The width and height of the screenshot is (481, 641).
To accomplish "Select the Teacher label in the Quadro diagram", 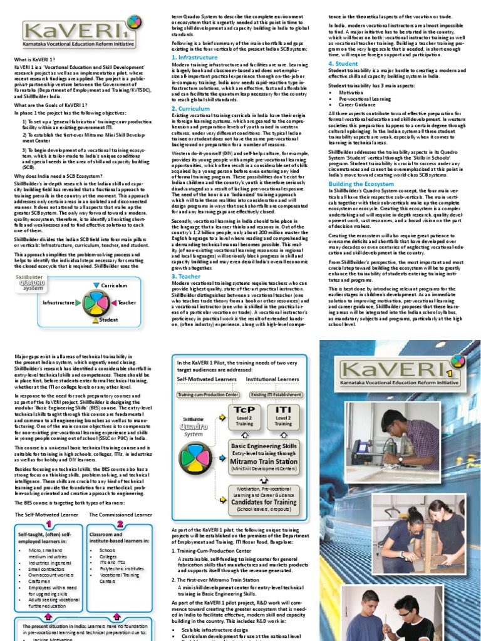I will tap(127, 303).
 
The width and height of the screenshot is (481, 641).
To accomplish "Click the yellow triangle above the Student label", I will tap(98, 312).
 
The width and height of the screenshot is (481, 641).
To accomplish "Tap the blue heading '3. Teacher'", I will tap(186, 276).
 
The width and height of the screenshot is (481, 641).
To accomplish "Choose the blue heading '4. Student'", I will tap(343, 64).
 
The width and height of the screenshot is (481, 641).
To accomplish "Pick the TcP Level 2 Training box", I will tap(244, 415).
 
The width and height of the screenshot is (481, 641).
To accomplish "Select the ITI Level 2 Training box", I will tap(283, 415).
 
